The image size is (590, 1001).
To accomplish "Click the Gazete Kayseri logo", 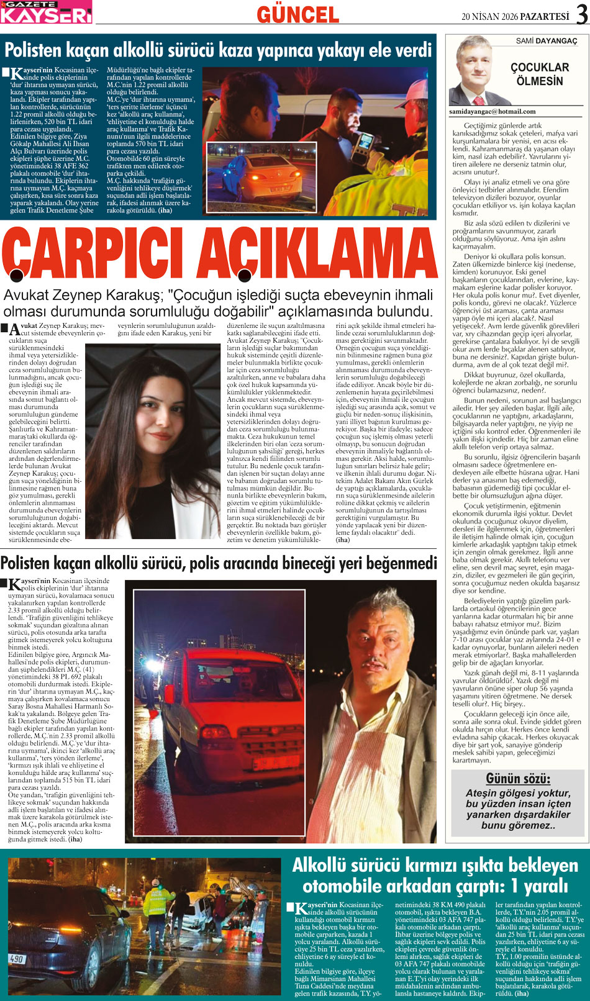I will pyautogui.click(x=46, y=12).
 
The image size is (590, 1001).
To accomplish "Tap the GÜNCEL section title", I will pyautogui.click(x=297, y=14).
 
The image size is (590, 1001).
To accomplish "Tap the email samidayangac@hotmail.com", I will pyautogui.click(x=492, y=112).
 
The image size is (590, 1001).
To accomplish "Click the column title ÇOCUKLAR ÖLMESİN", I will pyautogui.click(x=539, y=74).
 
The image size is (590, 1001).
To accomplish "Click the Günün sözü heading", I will pyautogui.click(x=517, y=779).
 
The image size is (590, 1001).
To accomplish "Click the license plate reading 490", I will pyautogui.click(x=17, y=959).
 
